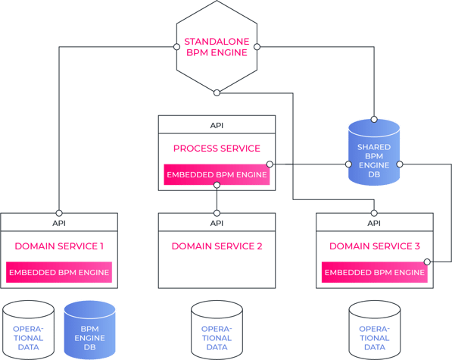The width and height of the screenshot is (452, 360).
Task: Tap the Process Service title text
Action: [x=217, y=149]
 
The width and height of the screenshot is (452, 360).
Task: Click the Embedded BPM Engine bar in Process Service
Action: [x=217, y=176]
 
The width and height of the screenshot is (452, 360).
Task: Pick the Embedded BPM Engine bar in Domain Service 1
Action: [x=59, y=273]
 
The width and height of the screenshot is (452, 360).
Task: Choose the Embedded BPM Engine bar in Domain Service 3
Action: [x=373, y=273]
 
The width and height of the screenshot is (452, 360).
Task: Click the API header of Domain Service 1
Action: [x=59, y=223]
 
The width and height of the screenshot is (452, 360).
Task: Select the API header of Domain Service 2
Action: [x=217, y=223]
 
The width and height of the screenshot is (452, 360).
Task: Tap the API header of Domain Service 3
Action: [x=373, y=223]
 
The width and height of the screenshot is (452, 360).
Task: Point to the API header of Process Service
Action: [x=217, y=125]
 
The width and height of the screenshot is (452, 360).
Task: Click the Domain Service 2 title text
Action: [x=217, y=246]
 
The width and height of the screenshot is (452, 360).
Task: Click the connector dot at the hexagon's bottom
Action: [x=217, y=92]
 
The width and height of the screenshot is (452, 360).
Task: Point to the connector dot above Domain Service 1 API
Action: [x=59, y=213]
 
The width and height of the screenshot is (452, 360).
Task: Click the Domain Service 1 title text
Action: [x=59, y=246]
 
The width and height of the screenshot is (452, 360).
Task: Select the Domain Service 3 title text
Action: [x=373, y=246]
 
